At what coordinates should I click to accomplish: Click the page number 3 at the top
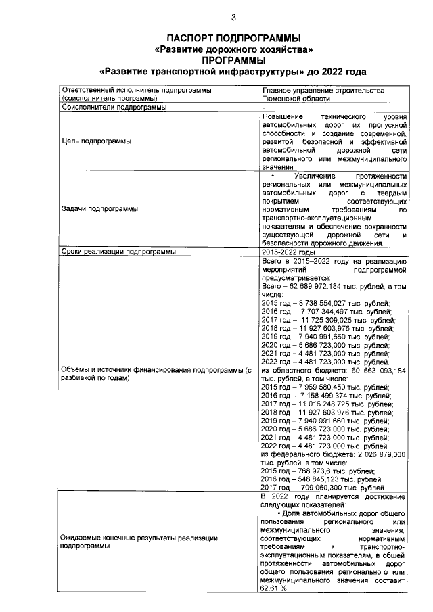click(233, 18)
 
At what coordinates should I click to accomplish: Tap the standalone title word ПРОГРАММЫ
click(233, 60)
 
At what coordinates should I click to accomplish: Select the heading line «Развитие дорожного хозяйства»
click(233, 49)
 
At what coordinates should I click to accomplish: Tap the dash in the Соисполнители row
click(264, 108)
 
